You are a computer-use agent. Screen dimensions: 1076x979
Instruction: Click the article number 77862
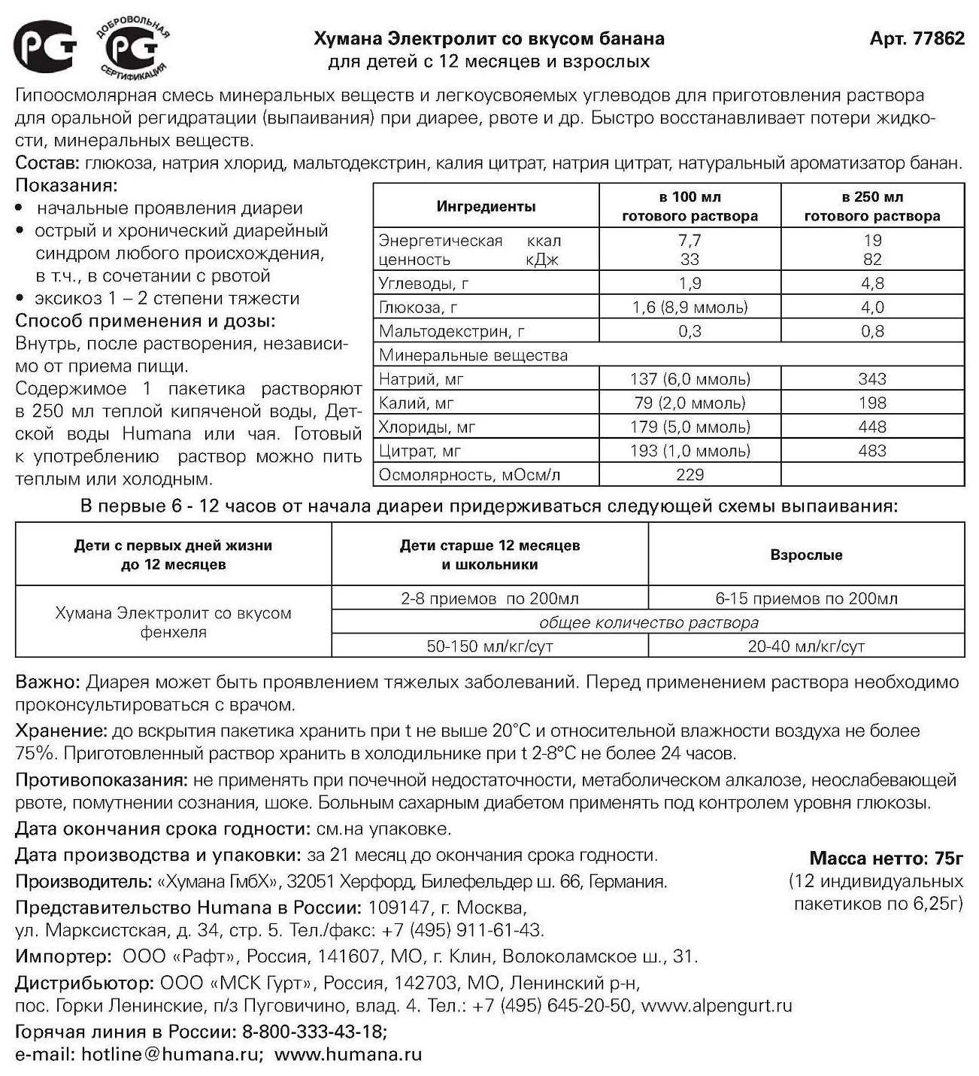(x=939, y=38)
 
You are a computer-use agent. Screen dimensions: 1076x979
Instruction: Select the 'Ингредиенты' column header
(x=486, y=206)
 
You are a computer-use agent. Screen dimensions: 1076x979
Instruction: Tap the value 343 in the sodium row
(x=872, y=379)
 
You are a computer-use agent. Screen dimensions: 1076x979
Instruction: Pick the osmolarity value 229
(x=690, y=475)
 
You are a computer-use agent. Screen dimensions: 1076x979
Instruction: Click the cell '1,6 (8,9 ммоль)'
(x=690, y=307)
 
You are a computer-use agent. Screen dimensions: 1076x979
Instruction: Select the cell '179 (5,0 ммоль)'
(x=690, y=427)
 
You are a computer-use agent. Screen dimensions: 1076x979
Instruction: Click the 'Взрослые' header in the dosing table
(x=806, y=555)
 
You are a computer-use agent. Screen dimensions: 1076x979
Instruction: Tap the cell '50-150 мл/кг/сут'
(x=489, y=646)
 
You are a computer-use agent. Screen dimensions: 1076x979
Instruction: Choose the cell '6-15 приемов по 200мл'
(x=806, y=599)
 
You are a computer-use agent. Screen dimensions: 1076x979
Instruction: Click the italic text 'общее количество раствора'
(x=648, y=623)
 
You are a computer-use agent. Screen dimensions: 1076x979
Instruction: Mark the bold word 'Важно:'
(x=47, y=682)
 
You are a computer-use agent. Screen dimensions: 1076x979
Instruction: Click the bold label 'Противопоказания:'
(x=102, y=780)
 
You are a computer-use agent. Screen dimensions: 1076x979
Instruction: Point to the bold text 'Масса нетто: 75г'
(x=886, y=859)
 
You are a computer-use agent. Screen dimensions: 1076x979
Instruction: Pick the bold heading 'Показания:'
(x=66, y=185)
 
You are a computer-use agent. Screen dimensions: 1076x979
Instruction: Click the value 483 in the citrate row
(x=872, y=451)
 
